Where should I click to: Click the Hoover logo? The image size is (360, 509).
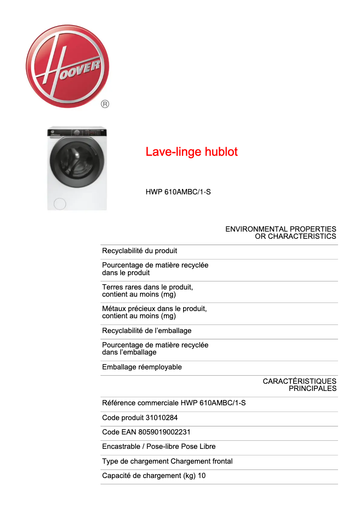[67, 66]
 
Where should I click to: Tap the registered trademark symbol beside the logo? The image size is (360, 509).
[105, 104]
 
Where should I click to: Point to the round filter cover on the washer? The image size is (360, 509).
[59, 204]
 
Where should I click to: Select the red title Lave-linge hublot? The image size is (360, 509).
[191, 152]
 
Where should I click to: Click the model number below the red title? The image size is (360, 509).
[178, 192]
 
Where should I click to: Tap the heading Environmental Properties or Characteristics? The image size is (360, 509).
[281, 233]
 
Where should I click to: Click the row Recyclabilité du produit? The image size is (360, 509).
[140, 251]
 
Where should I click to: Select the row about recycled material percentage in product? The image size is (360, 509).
[155, 269]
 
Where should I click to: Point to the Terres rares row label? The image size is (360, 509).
[147, 291]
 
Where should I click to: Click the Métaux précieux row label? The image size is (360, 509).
[154, 312]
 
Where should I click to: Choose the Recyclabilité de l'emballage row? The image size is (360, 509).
[147, 331]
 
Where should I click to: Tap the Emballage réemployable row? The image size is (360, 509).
[142, 367]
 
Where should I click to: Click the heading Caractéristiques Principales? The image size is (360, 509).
[299, 385]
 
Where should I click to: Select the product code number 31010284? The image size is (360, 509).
[162, 418]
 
